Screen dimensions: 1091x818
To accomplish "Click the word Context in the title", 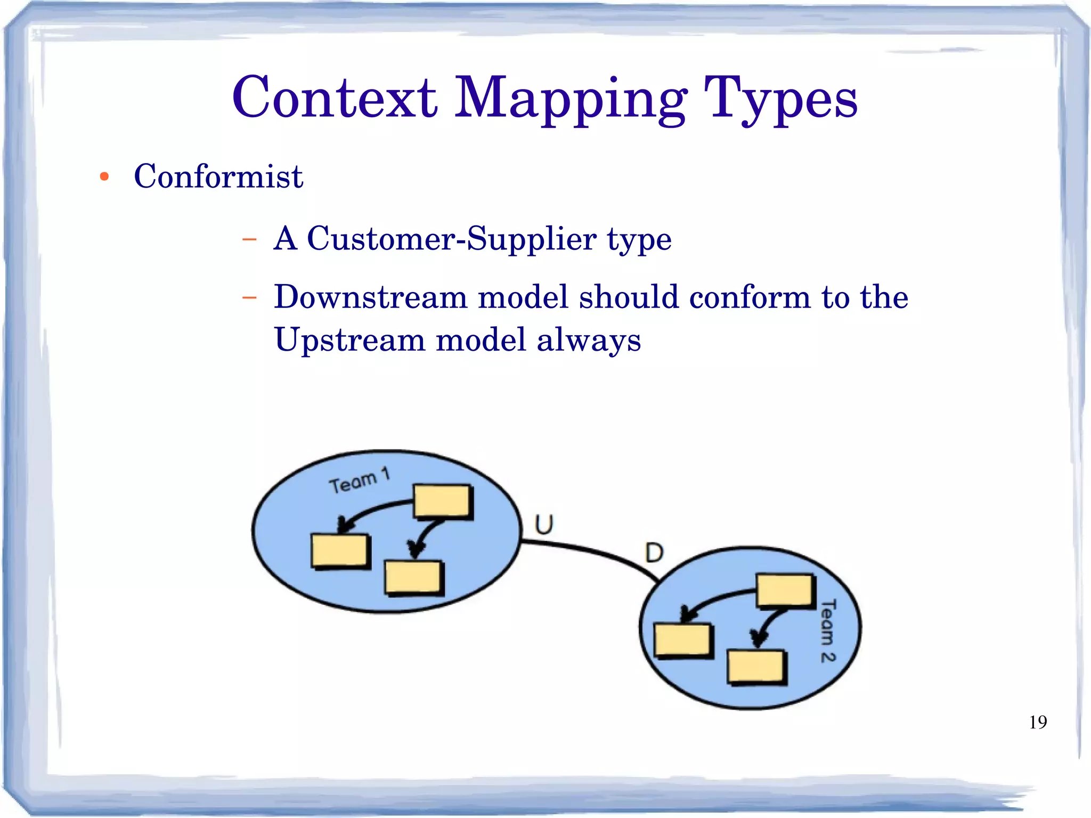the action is pos(335,99).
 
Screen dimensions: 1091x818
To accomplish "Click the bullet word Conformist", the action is pos(218,176).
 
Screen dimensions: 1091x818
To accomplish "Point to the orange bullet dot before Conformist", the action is pos(104,177).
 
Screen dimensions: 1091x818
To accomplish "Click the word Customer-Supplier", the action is pos(451,238).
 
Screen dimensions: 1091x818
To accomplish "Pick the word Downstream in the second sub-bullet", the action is pos(371,297).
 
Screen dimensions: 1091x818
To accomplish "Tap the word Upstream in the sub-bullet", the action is pos(349,340).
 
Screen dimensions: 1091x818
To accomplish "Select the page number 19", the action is pos(1038,723).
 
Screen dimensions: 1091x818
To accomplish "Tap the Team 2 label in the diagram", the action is pos(827,630).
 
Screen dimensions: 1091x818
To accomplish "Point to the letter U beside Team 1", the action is pos(544,524).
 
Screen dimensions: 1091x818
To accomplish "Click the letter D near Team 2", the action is pos(654,553).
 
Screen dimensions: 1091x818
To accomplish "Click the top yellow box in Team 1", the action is pos(443,501).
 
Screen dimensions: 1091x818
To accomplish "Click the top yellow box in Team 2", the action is pos(785,590).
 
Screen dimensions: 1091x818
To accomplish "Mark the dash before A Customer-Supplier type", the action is pos(249,239).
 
